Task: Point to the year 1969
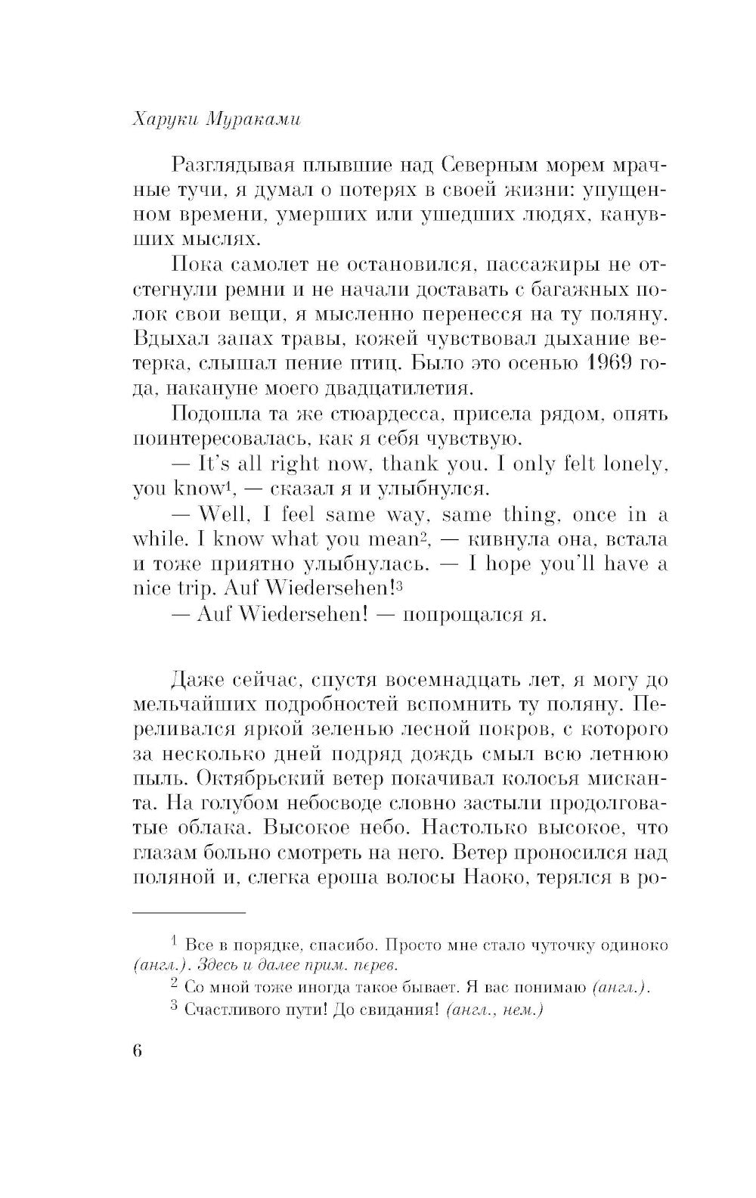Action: [607, 364]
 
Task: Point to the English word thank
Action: [420, 464]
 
